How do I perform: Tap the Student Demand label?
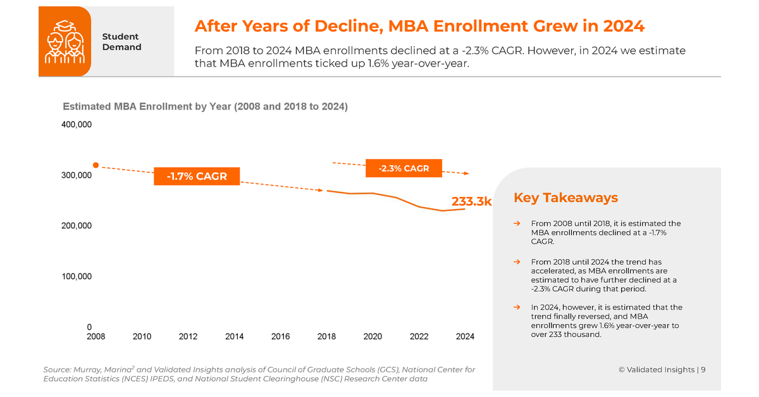coord(121,42)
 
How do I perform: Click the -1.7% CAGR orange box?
coord(197,176)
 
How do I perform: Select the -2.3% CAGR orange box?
coord(404,168)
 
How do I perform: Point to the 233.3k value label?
coord(471,201)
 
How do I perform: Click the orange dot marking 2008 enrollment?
coord(96,165)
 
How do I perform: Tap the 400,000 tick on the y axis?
coord(77,125)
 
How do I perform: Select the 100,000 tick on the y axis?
coord(77,277)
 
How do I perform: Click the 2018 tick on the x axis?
coord(326,337)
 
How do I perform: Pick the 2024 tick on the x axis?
coord(465,337)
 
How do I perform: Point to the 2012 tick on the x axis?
coord(188,337)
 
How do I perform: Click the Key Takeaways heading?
coord(565,198)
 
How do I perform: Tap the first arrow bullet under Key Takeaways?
coord(517,224)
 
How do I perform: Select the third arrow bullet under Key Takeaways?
coord(517,308)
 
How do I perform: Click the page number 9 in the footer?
coord(703,370)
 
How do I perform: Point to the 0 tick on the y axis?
coord(89,327)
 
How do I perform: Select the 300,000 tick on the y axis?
coord(77,175)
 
